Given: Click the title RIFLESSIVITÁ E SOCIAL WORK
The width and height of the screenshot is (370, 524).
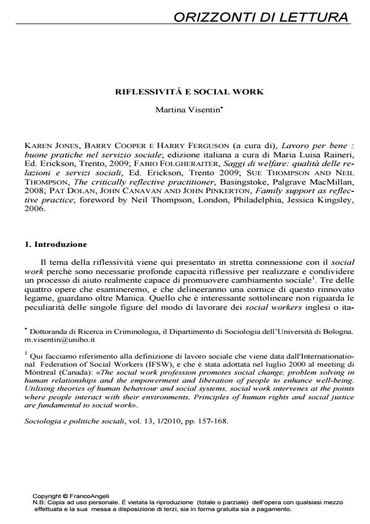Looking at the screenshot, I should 190,92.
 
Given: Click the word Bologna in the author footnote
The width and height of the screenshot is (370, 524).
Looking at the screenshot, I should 338,331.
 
